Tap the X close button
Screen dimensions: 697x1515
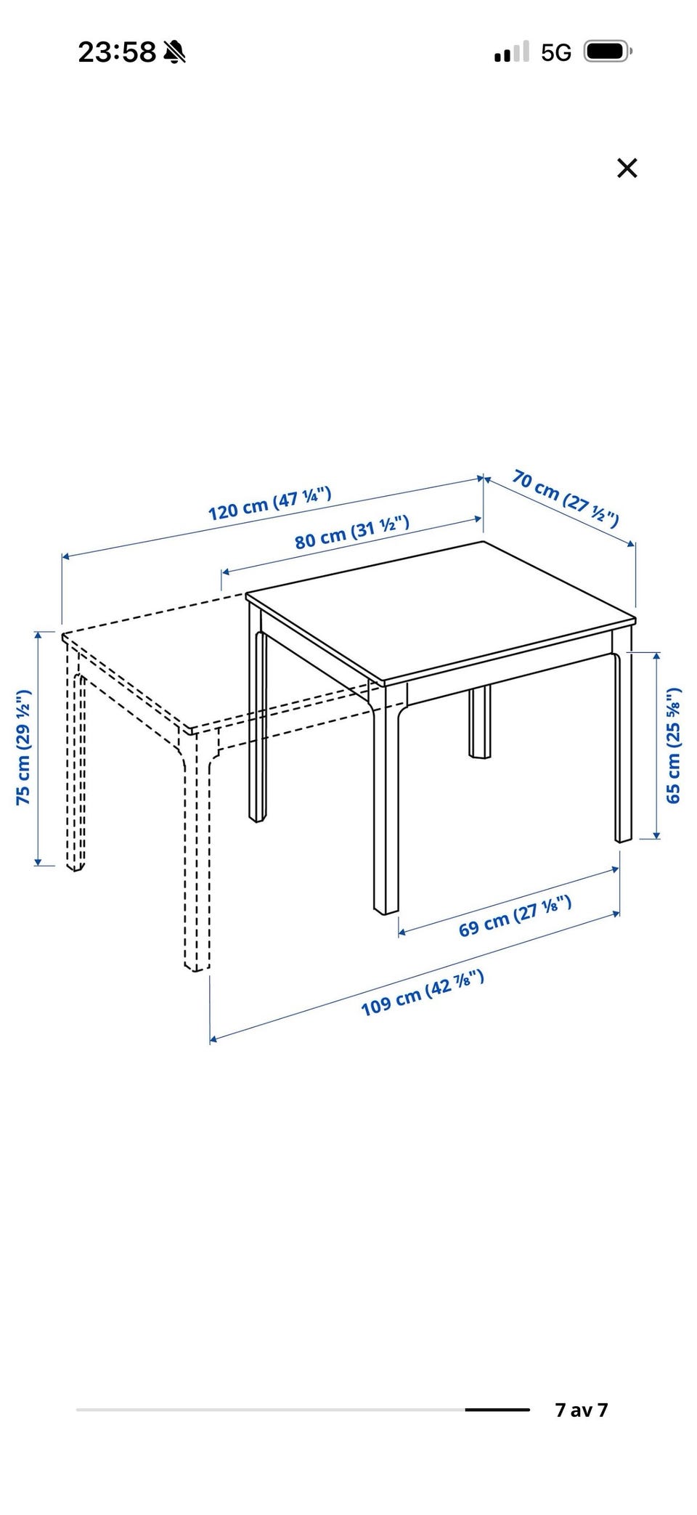627,168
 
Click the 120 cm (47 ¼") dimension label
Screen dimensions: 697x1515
269,503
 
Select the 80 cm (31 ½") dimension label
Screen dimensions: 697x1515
352,531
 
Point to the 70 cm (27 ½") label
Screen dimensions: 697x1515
566,497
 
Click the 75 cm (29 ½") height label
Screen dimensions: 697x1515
24,747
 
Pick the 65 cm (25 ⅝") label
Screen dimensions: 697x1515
674,745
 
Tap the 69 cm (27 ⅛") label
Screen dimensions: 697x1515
515,916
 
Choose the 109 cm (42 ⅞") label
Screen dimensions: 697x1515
423,992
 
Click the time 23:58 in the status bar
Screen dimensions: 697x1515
117,52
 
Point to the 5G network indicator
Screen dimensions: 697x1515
556,52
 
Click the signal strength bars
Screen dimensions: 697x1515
512,52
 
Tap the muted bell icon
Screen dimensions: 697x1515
174,52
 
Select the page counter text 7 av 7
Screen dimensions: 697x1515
581,1410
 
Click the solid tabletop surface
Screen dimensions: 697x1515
441,612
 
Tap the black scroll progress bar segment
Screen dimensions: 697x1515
497,1410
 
